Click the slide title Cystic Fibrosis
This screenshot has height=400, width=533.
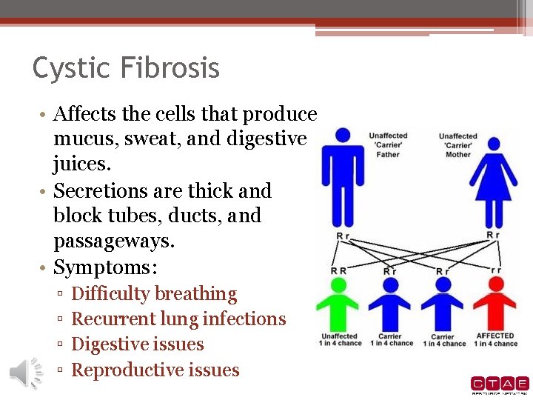pos(126,68)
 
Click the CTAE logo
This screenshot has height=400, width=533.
pos(500,384)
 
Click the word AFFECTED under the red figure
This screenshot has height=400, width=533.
pos(495,336)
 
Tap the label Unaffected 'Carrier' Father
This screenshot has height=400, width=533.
pos(389,144)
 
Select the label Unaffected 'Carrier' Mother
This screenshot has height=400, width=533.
pos(458,144)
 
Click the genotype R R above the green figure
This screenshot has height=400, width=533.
pos(339,271)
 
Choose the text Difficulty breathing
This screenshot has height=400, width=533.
pos(154,294)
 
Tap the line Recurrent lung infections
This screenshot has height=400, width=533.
pos(178,319)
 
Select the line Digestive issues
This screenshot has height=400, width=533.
pos(138,344)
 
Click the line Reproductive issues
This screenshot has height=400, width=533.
pos(155,370)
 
